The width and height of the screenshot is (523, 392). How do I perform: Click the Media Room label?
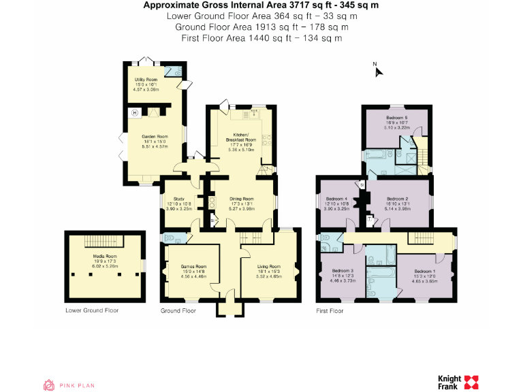105,257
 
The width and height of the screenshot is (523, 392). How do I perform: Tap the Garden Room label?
154,136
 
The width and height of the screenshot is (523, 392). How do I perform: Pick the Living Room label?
268,267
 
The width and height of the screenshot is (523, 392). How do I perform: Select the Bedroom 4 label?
336,199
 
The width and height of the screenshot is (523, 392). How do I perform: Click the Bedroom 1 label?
424,271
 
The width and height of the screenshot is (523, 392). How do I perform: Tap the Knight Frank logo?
458,382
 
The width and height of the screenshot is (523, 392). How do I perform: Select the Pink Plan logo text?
77,385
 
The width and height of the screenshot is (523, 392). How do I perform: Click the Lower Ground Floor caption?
91,310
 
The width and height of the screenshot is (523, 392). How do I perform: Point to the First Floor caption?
330,310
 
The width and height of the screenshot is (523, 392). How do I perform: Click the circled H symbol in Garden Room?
134,112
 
